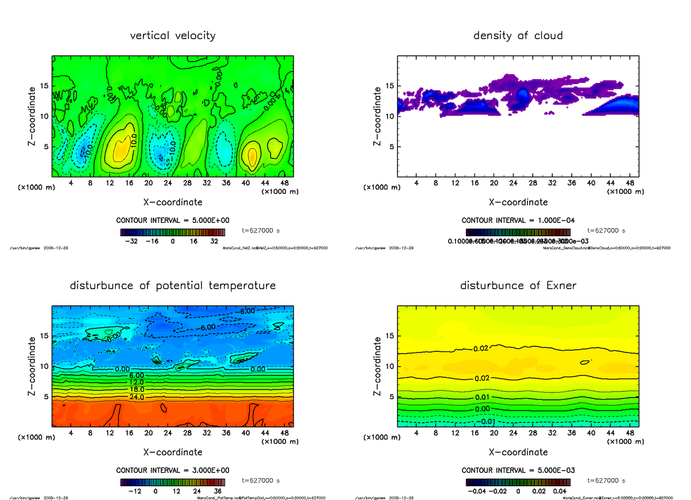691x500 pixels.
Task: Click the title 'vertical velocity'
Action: click(173, 36)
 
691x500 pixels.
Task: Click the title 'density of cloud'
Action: click(518, 36)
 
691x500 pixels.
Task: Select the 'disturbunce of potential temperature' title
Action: click(173, 286)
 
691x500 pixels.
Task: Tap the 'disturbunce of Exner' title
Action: click(518, 286)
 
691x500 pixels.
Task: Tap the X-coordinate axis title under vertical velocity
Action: click(173, 202)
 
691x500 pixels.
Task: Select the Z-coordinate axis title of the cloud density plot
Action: click(378, 116)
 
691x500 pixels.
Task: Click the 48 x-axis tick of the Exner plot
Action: click(630, 433)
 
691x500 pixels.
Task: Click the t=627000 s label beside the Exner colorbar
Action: click(606, 480)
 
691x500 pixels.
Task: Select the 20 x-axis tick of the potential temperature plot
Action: click(149, 433)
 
